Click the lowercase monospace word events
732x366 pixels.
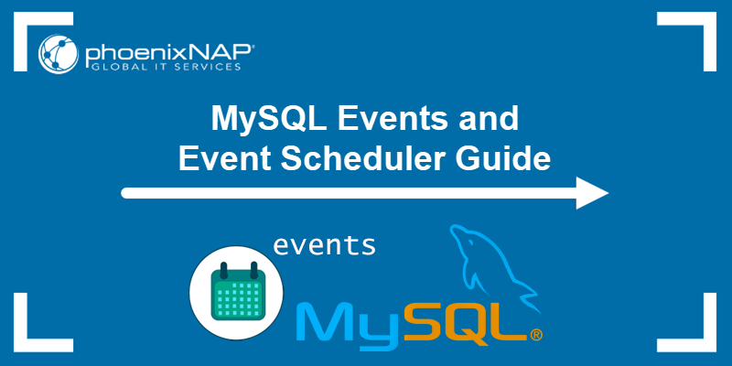point(324,244)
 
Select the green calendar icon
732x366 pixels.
point(237,295)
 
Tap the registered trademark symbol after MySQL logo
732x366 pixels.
point(535,335)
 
